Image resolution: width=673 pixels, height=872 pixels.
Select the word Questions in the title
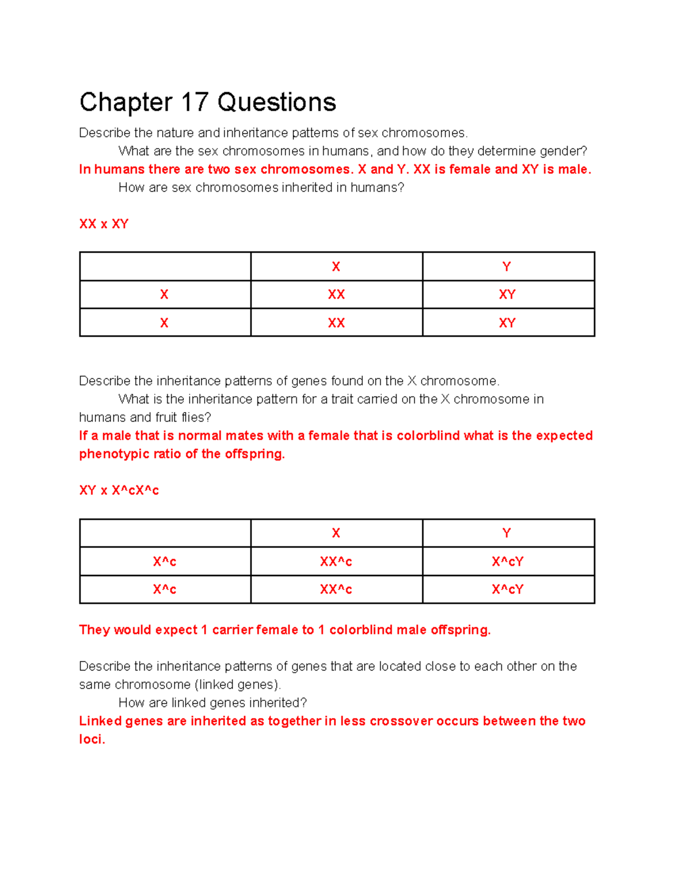click(276, 103)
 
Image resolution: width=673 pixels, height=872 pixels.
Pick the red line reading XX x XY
click(104, 224)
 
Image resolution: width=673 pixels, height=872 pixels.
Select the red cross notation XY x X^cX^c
click(119, 491)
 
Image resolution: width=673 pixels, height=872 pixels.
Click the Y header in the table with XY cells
click(507, 267)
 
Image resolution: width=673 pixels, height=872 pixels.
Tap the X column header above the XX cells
click(336, 267)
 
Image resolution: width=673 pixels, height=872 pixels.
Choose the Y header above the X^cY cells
click(507, 533)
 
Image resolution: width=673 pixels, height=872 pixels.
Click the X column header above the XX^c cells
click(336, 533)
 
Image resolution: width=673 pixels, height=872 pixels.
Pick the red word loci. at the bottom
click(92, 739)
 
